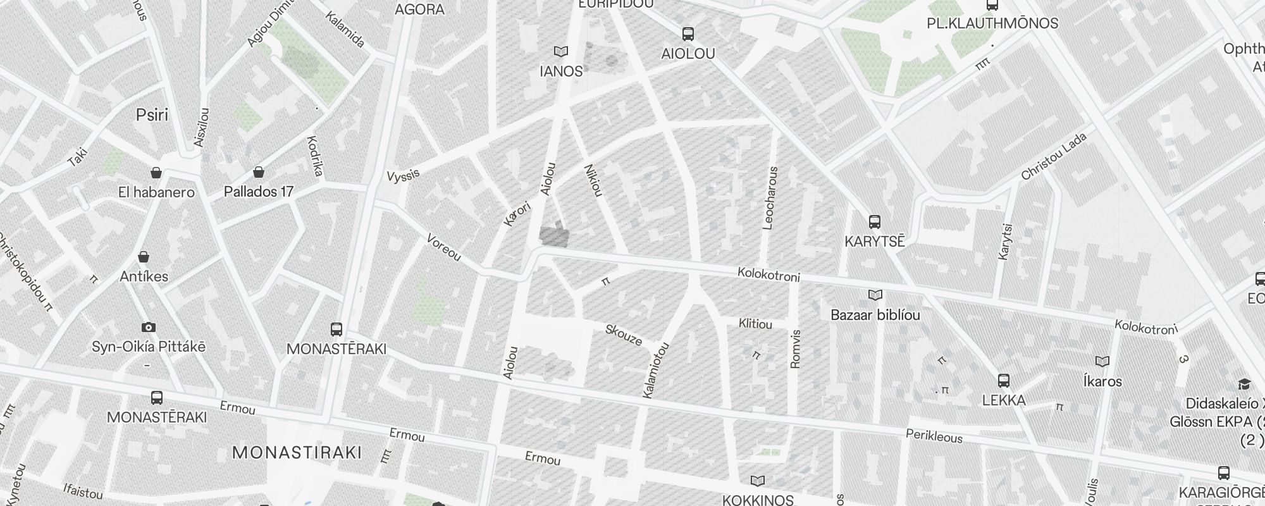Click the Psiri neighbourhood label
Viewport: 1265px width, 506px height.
coord(152,114)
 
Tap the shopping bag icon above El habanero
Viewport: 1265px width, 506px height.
coord(156,173)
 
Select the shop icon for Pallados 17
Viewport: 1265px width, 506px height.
coord(259,172)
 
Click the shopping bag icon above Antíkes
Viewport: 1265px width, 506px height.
coord(144,257)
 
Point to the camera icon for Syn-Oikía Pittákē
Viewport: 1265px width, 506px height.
coord(149,327)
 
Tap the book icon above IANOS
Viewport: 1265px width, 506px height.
coord(560,51)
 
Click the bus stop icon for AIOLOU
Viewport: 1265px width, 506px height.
coord(688,34)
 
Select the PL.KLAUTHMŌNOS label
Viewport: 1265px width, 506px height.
coord(991,23)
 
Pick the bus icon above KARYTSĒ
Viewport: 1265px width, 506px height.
coord(875,222)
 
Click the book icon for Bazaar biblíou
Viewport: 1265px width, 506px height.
coord(875,295)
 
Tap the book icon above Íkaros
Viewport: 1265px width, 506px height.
coord(1102,362)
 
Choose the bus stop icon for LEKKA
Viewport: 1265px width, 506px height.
coord(1003,381)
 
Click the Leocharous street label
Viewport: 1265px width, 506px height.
coord(770,198)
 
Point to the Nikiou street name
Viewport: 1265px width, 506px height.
coord(593,180)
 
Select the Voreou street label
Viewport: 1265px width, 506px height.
coord(443,248)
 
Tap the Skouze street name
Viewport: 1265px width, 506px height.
coord(624,335)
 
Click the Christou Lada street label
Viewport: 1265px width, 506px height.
coord(1054,156)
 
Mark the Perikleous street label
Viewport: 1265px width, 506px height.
coord(934,436)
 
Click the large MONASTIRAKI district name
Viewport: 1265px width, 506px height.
coord(297,452)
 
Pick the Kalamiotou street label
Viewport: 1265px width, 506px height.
coord(656,371)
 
